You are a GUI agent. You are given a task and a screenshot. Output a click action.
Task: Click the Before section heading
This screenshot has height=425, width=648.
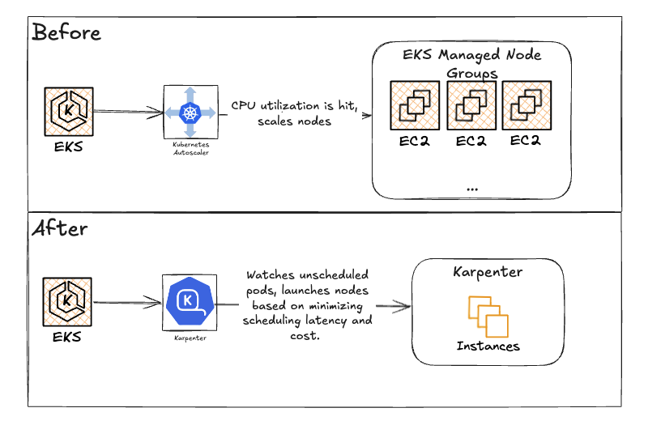67,32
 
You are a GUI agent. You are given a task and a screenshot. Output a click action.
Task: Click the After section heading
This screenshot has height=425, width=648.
60,228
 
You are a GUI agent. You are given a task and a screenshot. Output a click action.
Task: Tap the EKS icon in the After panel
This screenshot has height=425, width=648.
67,301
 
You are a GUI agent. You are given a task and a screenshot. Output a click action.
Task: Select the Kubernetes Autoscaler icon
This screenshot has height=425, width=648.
190,113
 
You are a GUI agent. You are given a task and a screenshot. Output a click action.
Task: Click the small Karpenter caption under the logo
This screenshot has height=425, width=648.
190,338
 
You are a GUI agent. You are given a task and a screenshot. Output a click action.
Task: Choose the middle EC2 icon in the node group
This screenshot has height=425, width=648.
471,104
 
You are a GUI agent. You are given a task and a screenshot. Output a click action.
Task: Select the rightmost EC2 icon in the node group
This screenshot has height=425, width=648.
526,104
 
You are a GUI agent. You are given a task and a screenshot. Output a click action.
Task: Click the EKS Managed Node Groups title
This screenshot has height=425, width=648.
472,64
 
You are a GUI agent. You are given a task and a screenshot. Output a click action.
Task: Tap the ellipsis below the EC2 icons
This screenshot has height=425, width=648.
473,188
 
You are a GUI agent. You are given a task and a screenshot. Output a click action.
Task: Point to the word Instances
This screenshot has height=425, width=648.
488,346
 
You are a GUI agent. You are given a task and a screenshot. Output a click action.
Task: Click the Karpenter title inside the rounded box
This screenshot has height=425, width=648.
488,273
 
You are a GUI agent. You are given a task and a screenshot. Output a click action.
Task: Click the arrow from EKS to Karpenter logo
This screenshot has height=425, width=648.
127,304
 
